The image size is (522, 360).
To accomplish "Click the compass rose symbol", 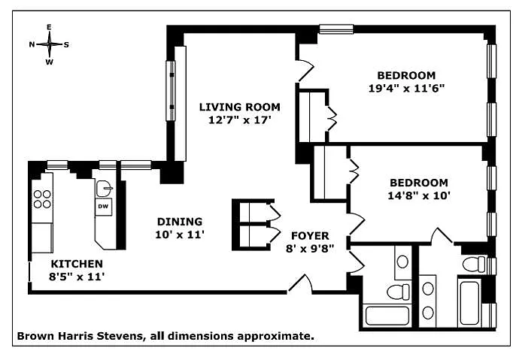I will point(50,44).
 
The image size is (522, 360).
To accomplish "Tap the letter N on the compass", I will point(32,44).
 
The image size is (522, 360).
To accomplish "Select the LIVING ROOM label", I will point(239,107).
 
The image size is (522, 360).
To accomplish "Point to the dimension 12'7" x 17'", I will point(239,119).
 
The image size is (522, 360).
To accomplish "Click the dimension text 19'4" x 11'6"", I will point(406,87).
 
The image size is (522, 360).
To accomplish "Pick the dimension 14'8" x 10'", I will point(418,195).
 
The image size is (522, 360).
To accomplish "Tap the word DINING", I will point(180,222).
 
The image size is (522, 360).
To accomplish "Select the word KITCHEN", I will point(77,264).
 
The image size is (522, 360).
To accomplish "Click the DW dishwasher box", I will point(103,206).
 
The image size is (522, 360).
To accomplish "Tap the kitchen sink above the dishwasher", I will point(105,188).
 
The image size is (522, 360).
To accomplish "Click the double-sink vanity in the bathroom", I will point(429,298).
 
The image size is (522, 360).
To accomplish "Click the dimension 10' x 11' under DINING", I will point(180,234).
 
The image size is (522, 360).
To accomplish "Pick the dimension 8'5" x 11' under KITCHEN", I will point(77,276).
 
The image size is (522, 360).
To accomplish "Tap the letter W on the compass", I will point(50,62).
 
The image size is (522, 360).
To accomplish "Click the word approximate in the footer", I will point(280,337).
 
